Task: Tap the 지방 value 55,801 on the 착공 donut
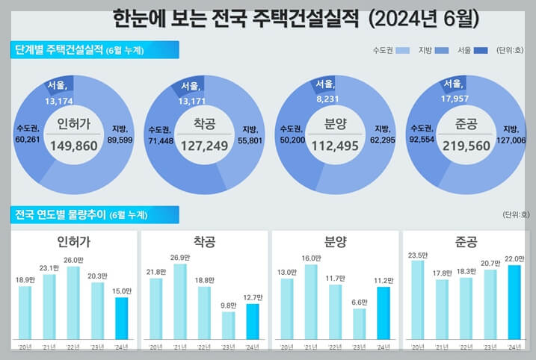[x=254, y=140]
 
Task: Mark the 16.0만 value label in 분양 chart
[x=310, y=258]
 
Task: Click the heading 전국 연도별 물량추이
[x=60, y=215]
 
